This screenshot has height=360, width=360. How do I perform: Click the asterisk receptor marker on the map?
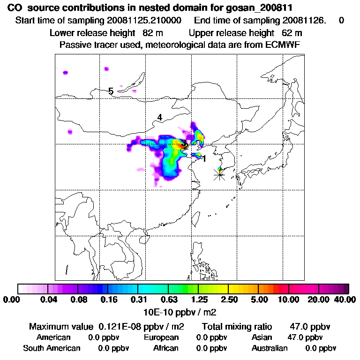pyautogui.click(x=219, y=175)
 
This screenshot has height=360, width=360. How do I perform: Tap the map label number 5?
pyautogui.click(x=111, y=91)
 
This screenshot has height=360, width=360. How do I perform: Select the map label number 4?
pyautogui.click(x=159, y=117)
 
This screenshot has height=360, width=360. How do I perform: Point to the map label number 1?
pyautogui.click(x=204, y=159)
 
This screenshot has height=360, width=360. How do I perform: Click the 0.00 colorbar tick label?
pyautogui.click(x=13, y=300)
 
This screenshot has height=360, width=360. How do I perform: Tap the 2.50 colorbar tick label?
pyautogui.click(x=228, y=300)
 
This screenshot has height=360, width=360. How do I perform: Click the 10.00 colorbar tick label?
pyautogui.click(x=289, y=300)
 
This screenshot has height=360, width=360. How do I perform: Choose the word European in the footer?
pyautogui.click(x=161, y=337)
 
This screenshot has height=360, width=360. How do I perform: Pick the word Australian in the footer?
pyautogui.click(x=270, y=348)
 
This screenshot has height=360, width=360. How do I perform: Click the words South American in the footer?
pyautogui.click(x=52, y=348)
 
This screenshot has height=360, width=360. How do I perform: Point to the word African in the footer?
pyautogui.click(x=166, y=348)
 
